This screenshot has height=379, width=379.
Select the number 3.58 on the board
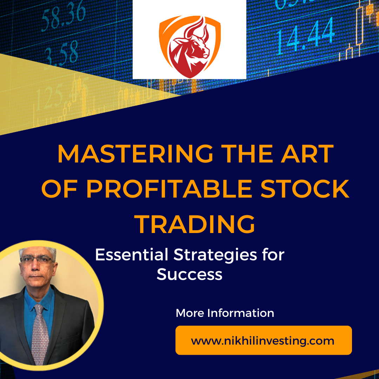[x=61, y=54]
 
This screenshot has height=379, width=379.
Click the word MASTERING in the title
[x=135, y=154]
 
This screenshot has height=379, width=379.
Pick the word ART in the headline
[x=307, y=154]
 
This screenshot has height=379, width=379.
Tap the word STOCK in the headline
[x=305, y=189]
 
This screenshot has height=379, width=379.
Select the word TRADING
[x=195, y=224]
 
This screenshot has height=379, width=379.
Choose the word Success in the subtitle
[x=189, y=274]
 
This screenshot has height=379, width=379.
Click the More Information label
[x=225, y=313]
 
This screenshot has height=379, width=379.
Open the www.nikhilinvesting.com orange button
[x=264, y=340]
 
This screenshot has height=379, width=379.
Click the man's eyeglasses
[x=38, y=260]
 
